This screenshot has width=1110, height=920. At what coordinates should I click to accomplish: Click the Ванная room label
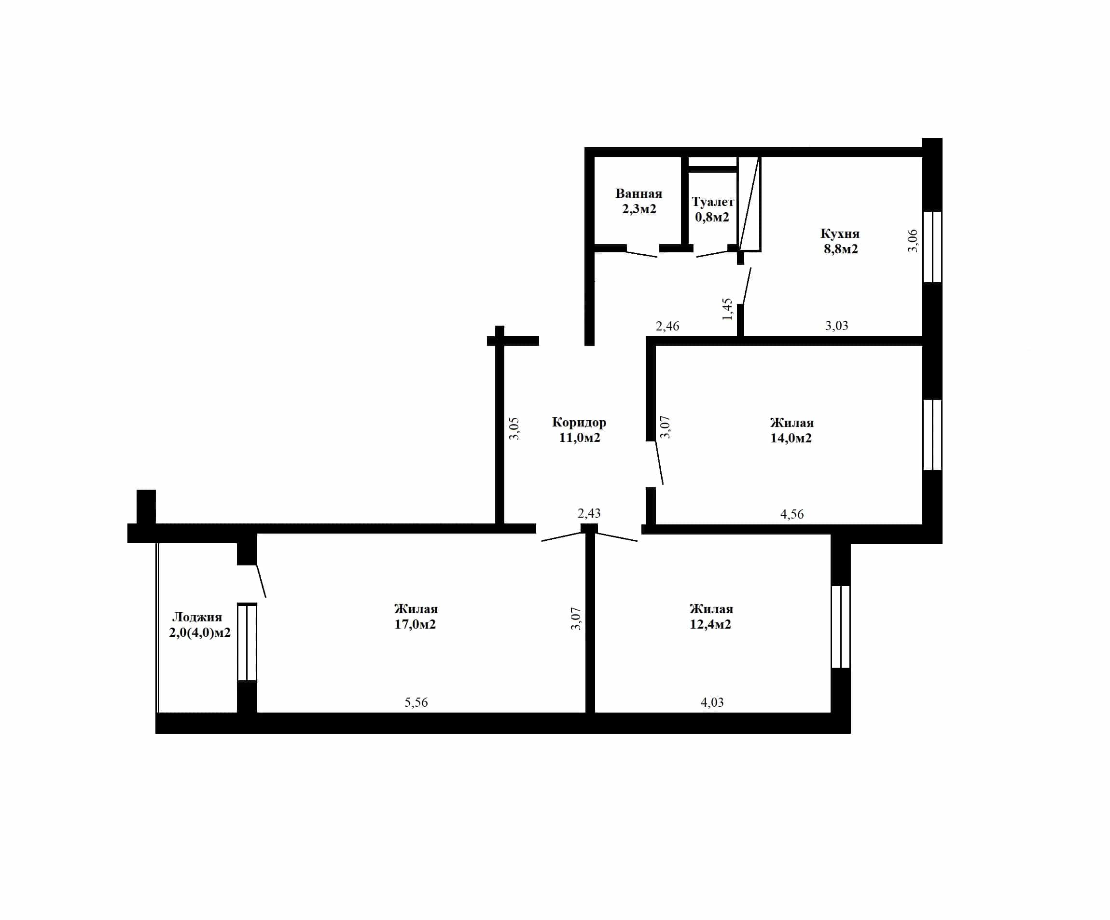pyautogui.click(x=638, y=193)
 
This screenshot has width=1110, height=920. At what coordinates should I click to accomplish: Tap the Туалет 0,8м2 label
pyautogui.click(x=712, y=209)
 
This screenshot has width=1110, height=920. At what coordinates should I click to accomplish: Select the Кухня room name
pyautogui.click(x=840, y=233)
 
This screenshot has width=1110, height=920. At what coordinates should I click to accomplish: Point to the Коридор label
pyautogui.click(x=579, y=422)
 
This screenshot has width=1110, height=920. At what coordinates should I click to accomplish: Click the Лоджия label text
pyautogui.click(x=197, y=617)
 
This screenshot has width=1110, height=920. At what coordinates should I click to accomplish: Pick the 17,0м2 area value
pyautogui.click(x=415, y=624)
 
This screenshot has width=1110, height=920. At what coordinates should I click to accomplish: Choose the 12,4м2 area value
pyautogui.click(x=710, y=624)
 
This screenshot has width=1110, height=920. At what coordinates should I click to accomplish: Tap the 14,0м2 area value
pyautogui.click(x=791, y=438)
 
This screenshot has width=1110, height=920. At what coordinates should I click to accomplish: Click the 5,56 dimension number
pyautogui.click(x=416, y=702)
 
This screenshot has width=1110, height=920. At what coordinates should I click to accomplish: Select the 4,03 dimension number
pyautogui.click(x=712, y=702)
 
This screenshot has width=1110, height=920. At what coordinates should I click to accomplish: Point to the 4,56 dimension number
pyautogui.click(x=792, y=514)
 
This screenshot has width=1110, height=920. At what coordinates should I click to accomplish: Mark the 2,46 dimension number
pyautogui.click(x=667, y=326)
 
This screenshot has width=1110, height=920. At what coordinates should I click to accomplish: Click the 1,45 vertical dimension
pyautogui.click(x=727, y=309)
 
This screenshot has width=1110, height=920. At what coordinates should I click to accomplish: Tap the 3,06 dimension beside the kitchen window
pyautogui.click(x=913, y=240)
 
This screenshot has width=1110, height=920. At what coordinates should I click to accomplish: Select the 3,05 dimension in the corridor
pyautogui.click(x=514, y=428)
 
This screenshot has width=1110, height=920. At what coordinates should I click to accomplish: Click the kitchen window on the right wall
pyautogui.click(x=932, y=247)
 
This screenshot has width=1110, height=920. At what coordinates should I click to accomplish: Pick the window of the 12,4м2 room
pyautogui.click(x=840, y=627)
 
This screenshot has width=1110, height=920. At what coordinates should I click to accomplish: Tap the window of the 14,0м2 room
pyautogui.click(x=932, y=435)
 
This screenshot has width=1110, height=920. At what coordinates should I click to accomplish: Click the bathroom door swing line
pyautogui.click(x=642, y=254)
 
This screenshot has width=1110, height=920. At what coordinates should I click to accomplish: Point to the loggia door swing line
pyautogui.click(x=261, y=581)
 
